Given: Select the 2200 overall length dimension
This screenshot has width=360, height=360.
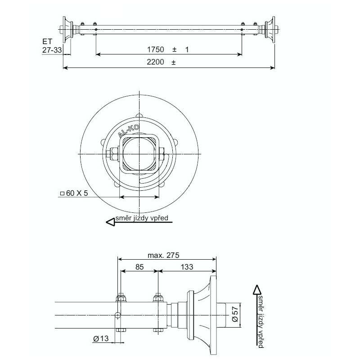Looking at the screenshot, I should pyautogui.click(x=155, y=63).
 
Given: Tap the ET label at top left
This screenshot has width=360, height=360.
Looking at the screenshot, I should pyautogui.click(x=47, y=41).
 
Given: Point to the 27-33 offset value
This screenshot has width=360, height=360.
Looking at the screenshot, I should pyautogui.click(x=52, y=50).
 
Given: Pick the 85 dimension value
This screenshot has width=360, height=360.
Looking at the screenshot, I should pyautogui.click(x=139, y=267).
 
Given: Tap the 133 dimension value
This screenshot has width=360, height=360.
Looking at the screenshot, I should pyautogui.click(x=187, y=267).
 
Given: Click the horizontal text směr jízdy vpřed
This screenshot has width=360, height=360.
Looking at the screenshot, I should pyautogui.click(x=142, y=219).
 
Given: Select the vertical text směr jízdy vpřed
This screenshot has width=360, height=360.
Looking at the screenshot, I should pyautogui.click(x=260, y=321).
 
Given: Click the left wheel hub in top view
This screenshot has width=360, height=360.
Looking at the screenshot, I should pyautogui.click(x=69, y=30).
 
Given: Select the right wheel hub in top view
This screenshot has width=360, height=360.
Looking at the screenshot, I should pyautogui.click(x=270, y=30).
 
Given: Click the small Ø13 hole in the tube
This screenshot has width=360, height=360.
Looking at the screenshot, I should pyautogui.click(x=118, y=315).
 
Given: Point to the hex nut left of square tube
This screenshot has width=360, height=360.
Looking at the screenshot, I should pyautogui.click(x=112, y=154).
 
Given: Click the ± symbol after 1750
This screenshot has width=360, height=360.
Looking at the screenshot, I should pyautogui.click(x=174, y=49).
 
